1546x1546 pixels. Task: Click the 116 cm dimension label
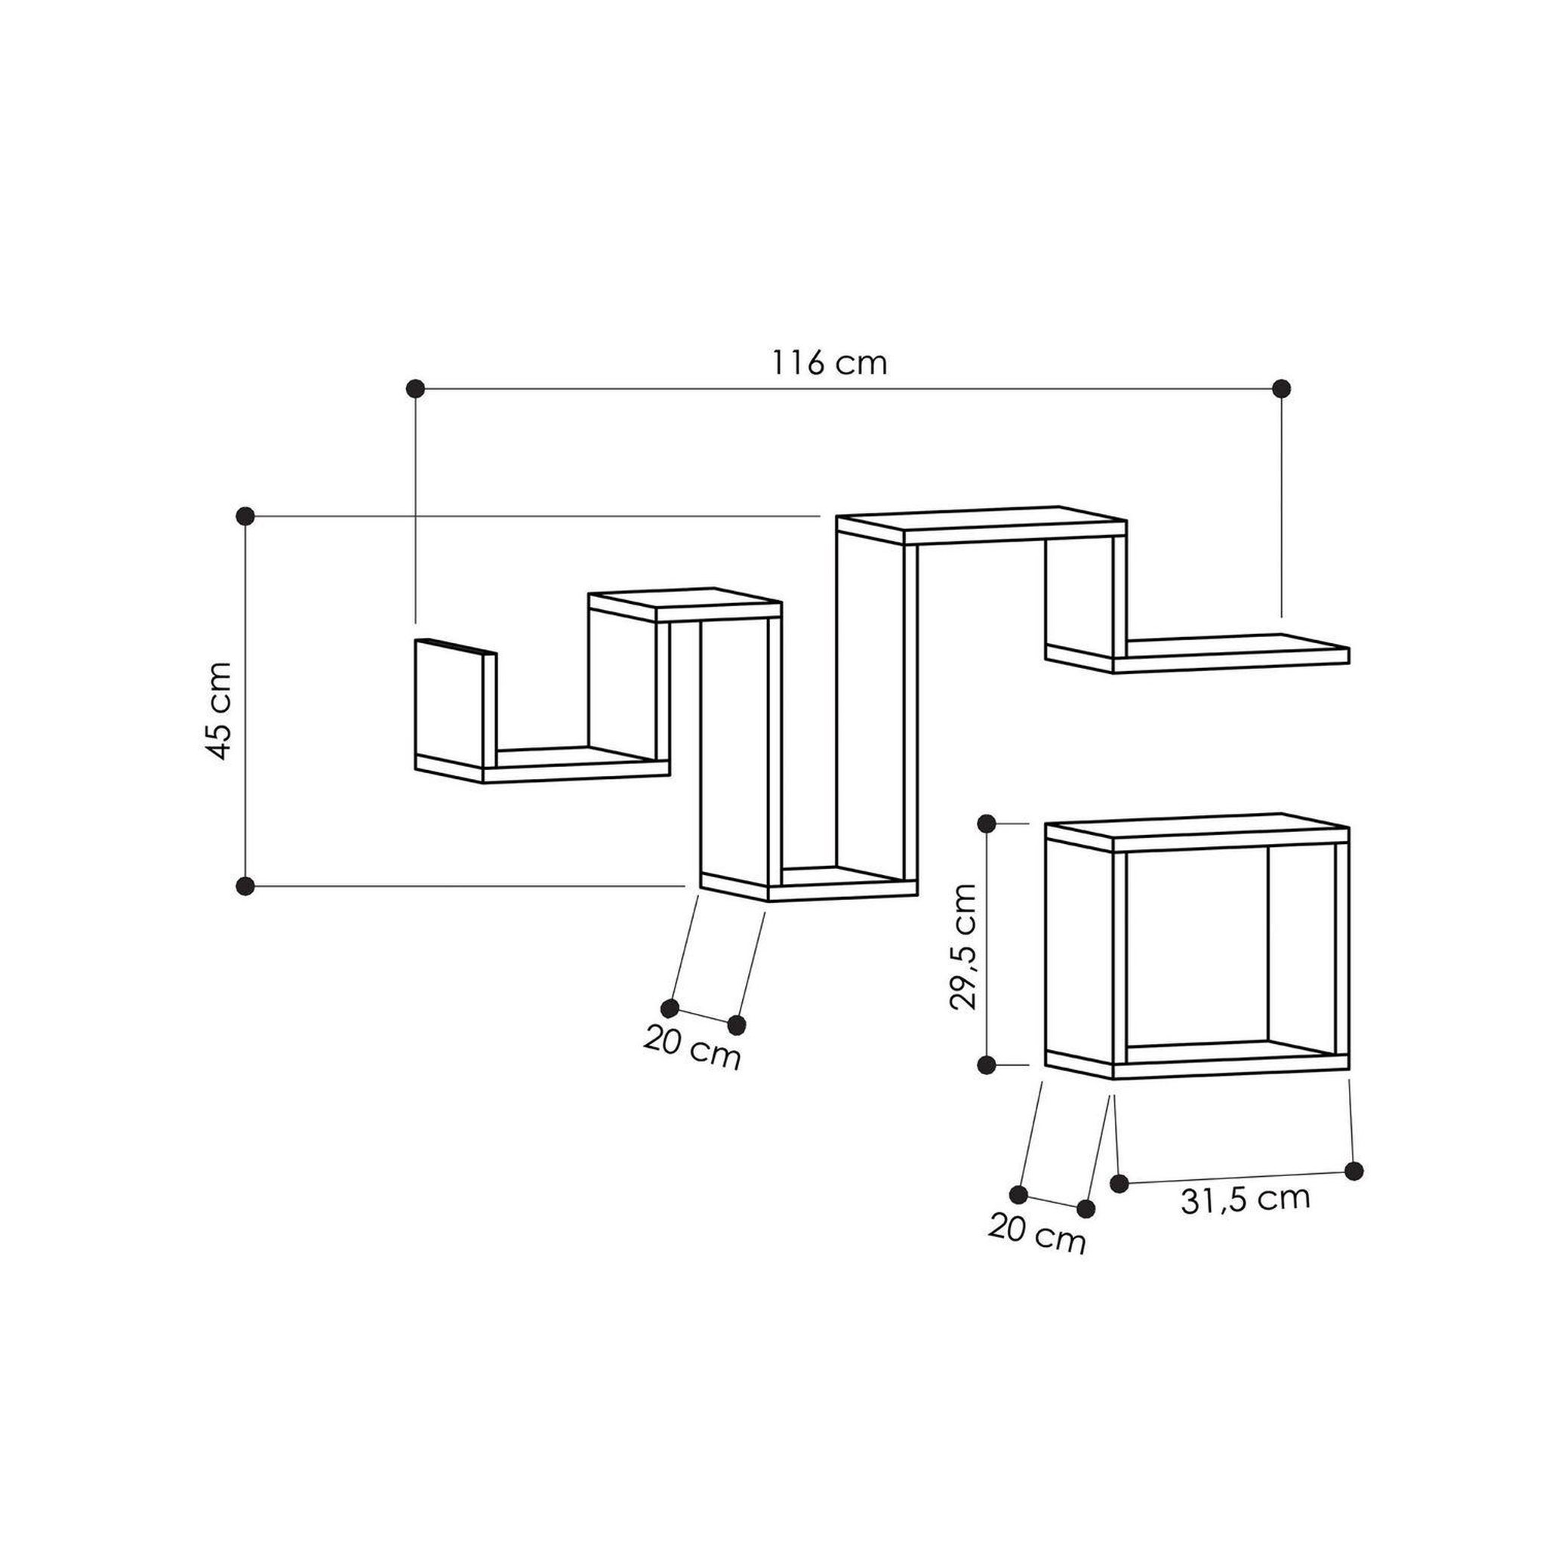coord(829,363)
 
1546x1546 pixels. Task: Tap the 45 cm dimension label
coord(217,710)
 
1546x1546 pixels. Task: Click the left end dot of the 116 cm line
coord(414,389)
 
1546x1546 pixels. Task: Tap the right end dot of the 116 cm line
coord(1281,389)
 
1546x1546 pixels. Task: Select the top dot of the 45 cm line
coord(245,516)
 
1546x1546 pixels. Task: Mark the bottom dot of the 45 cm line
coord(245,885)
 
